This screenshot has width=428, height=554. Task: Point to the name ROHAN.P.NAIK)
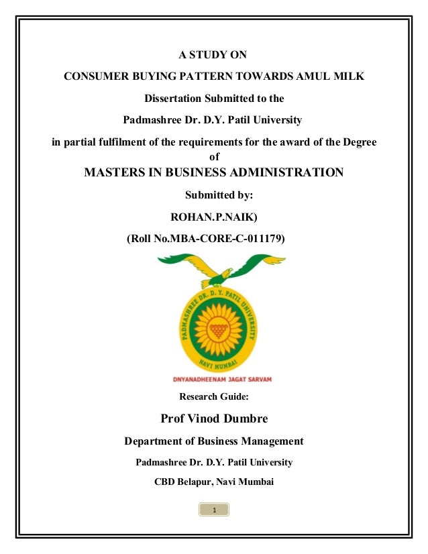coord(214,216)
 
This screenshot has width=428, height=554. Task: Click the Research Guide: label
coord(214,396)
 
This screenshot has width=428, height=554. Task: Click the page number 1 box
coord(214,511)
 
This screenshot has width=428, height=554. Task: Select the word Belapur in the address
coord(200,481)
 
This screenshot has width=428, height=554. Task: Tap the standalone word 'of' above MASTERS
coord(215,156)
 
